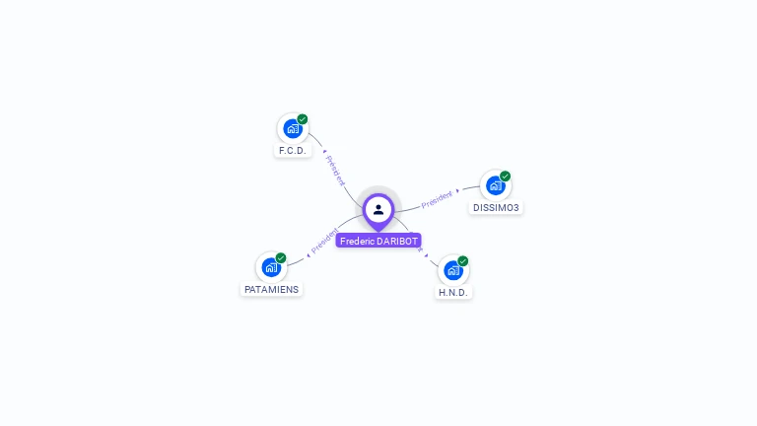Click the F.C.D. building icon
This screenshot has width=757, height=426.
(x=292, y=128)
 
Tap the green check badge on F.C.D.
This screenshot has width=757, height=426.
(x=303, y=119)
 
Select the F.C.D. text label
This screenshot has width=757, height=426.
(x=293, y=151)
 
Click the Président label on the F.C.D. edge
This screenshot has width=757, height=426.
(x=335, y=170)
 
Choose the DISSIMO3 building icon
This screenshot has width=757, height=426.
(x=495, y=185)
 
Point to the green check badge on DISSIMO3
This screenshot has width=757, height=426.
(x=506, y=177)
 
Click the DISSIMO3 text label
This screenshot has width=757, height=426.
(x=496, y=208)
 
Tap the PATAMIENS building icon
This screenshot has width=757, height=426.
(x=270, y=267)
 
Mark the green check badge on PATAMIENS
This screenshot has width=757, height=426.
(x=281, y=258)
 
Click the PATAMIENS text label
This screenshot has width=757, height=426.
(x=271, y=290)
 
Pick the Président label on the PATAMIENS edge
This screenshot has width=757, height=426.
(x=324, y=240)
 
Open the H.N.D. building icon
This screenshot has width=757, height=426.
(x=452, y=269)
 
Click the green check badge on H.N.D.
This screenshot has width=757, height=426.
(x=463, y=261)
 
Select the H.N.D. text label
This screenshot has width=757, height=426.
(x=454, y=293)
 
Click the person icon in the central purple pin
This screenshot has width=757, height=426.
(x=378, y=209)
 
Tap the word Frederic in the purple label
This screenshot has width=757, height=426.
(x=357, y=241)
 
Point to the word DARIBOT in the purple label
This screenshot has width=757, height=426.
(x=398, y=241)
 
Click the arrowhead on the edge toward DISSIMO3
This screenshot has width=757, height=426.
(x=458, y=190)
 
